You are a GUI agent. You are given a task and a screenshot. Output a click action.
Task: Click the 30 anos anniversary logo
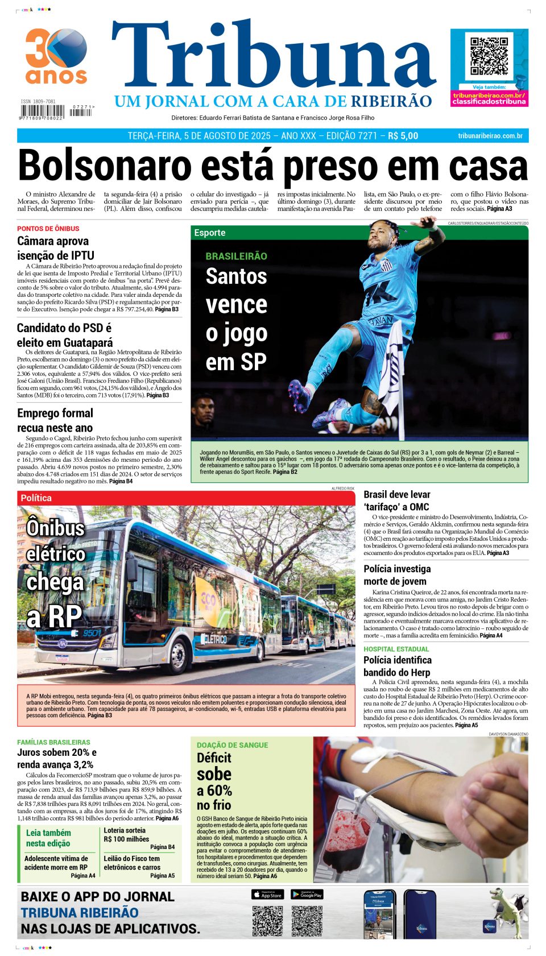point(56,56)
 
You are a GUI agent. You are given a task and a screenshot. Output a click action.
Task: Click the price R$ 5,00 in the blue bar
point(403,136)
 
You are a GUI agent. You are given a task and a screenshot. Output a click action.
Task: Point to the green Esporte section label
point(210,233)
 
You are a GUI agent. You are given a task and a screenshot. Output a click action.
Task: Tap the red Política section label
point(36,498)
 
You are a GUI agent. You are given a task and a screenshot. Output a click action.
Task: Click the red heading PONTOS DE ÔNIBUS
point(48,229)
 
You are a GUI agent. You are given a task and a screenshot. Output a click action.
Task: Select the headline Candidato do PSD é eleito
point(64,335)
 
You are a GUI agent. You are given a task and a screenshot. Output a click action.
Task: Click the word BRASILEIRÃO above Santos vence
point(236,256)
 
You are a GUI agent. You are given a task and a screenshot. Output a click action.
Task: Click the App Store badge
point(267,895)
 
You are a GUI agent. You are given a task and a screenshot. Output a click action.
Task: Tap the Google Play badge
point(307,895)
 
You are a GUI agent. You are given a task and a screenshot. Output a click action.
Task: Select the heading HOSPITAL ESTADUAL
point(396,649)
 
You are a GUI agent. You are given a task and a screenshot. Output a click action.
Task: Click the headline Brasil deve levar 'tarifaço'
point(397,500)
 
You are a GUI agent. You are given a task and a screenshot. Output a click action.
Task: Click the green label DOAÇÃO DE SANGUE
point(232,745)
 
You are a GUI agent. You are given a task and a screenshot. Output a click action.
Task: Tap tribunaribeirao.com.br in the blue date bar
point(490,136)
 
